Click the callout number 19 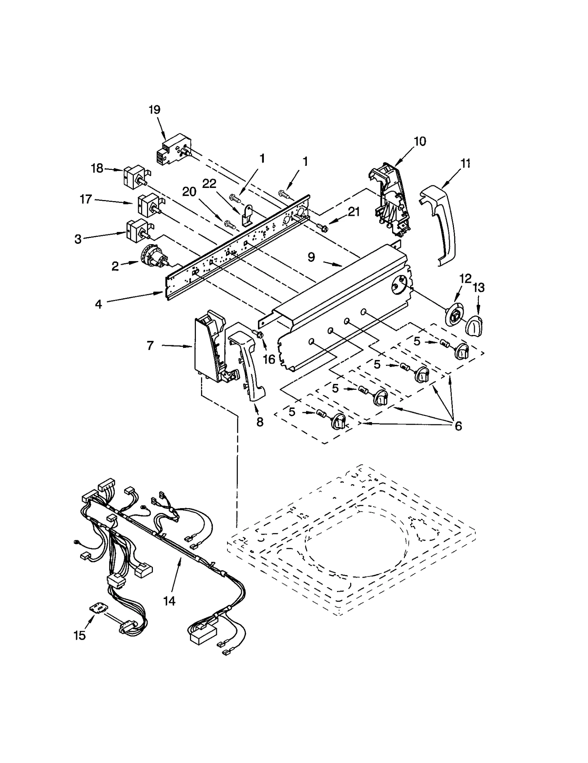(x=154, y=110)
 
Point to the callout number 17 (x=86, y=200)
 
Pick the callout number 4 (x=98, y=304)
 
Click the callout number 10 (x=420, y=142)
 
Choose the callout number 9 (x=311, y=257)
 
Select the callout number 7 (x=150, y=346)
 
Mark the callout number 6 (x=458, y=426)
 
